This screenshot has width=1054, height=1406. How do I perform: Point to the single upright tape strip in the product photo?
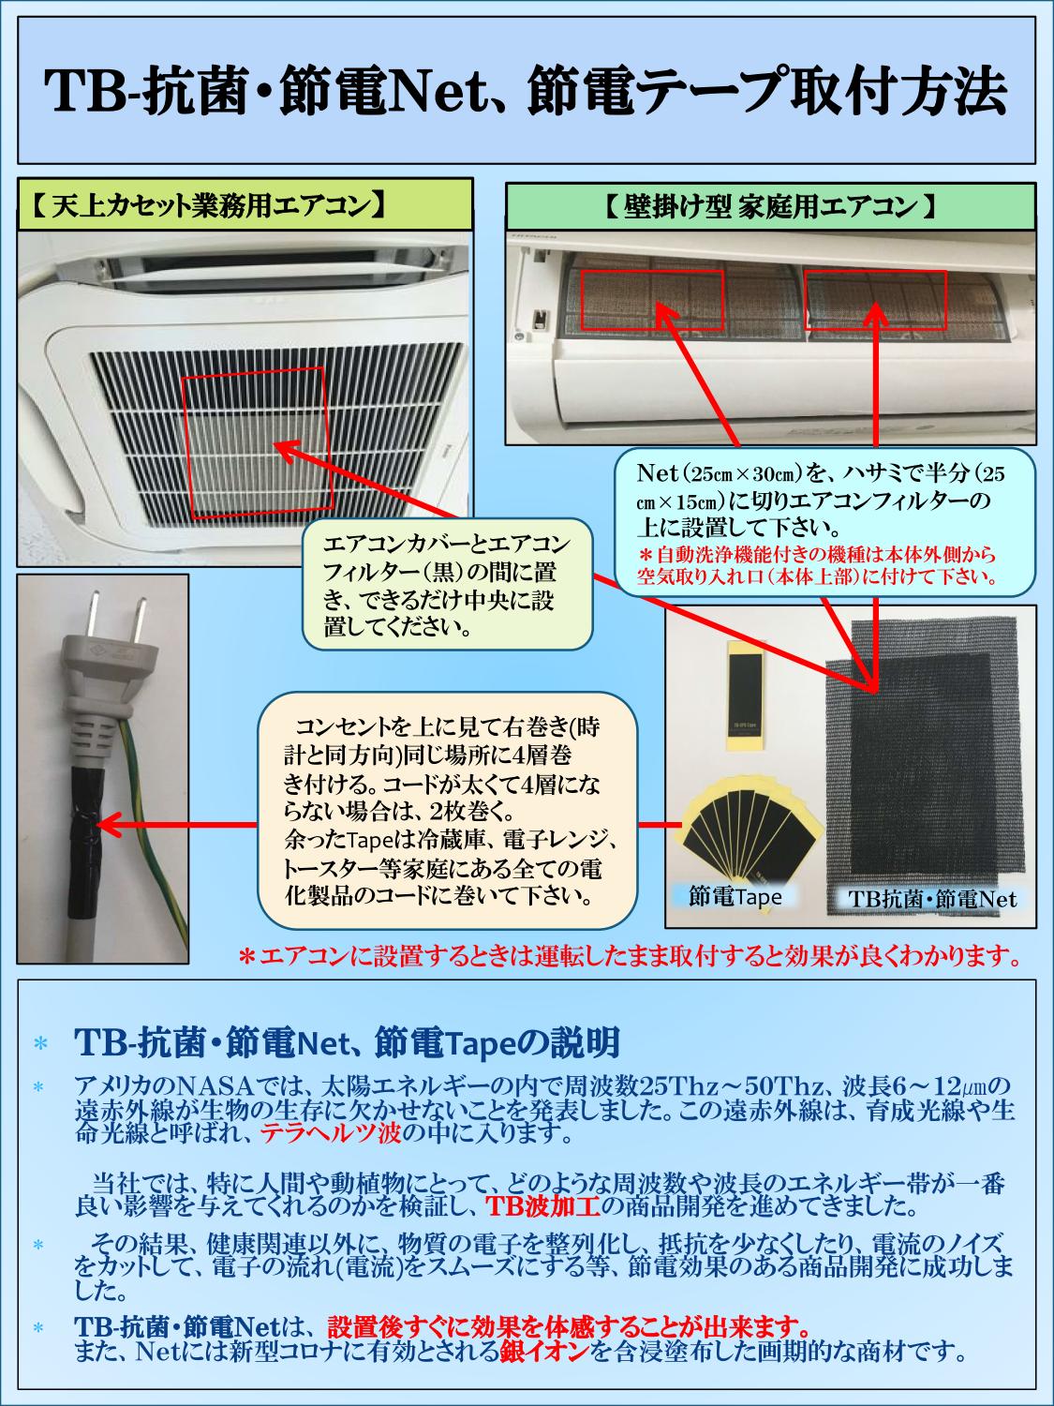[x=747, y=695]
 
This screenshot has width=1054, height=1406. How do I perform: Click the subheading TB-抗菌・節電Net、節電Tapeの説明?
[x=347, y=1041]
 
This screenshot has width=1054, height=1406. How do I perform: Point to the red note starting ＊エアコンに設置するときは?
[x=629, y=957]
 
